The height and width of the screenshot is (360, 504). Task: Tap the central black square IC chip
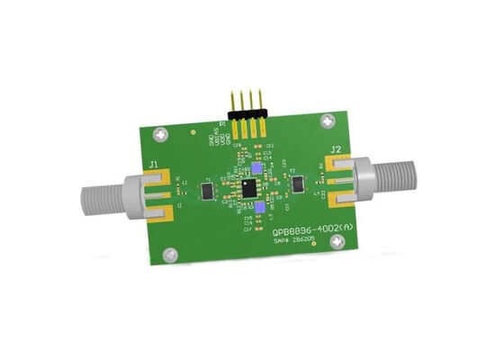click(247, 187)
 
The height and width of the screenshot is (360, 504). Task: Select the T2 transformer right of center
click(298, 184)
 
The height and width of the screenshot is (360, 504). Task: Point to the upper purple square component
click(259, 168)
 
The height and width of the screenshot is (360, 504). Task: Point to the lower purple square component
click(259, 208)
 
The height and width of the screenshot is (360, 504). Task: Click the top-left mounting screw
click(160, 135)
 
